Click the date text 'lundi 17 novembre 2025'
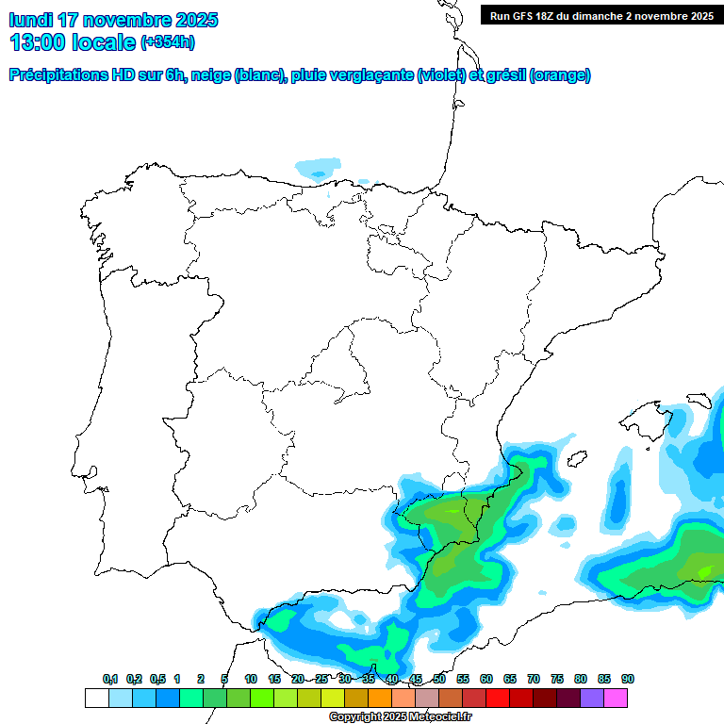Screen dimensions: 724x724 point(113,19)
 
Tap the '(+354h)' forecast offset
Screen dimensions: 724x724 point(167,42)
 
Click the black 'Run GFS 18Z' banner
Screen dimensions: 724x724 point(601,15)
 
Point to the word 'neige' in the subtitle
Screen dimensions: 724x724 point(209,75)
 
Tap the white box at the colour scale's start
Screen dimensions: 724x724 point(96,698)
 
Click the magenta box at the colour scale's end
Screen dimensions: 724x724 point(616,698)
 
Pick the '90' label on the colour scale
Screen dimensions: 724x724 point(628,679)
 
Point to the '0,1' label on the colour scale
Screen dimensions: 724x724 point(110,679)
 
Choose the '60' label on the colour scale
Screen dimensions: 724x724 point(486,679)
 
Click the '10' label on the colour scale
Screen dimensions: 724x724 point(251,679)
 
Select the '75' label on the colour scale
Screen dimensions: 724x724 point(557,679)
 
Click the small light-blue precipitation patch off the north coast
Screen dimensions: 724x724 point(318,168)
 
